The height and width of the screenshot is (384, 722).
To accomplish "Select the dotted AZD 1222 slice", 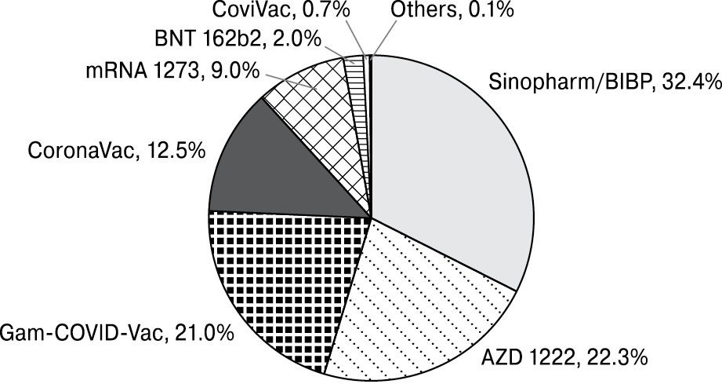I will click(x=415, y=306).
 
